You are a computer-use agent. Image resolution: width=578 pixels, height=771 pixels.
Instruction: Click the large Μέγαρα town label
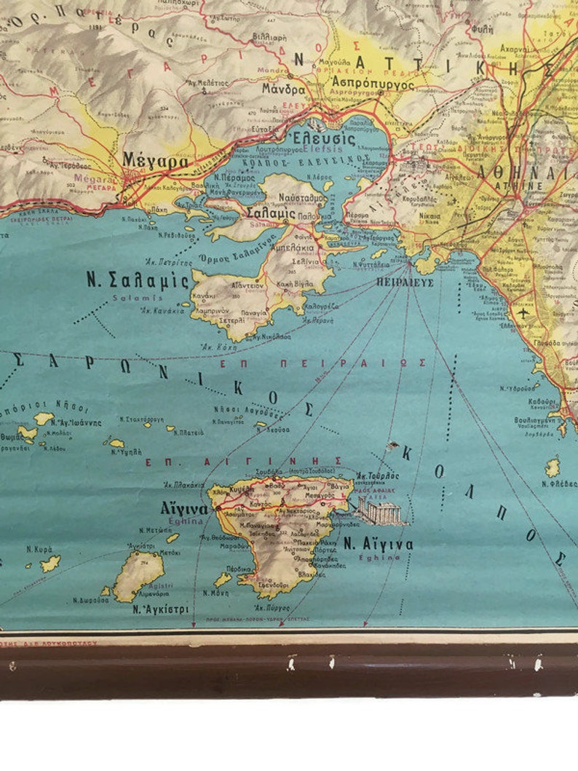pos(155,161)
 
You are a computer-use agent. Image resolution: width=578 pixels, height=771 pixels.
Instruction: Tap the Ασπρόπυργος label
pos(372,84)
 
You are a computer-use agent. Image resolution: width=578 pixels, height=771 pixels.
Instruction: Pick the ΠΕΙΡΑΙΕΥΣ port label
pos(405,281)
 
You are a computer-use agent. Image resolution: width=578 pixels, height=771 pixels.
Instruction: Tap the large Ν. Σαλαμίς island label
pos(137,280)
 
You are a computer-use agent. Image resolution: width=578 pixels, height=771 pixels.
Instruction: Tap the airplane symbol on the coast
pos(526,313)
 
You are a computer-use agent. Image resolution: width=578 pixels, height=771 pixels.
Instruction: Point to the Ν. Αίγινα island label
pos(378,544)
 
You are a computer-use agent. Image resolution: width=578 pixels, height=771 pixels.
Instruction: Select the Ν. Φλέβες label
pos(560,483)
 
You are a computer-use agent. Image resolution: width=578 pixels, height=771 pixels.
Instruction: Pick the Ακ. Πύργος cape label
pos(272,606)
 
